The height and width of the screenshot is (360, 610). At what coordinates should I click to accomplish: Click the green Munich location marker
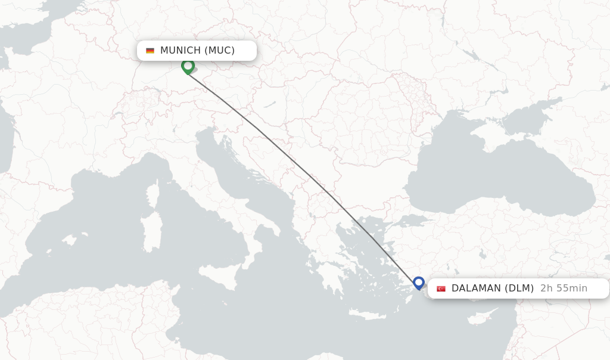pyautogui.click(x=188, y=66)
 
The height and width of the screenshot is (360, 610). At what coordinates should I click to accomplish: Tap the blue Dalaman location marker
pyautogui.click(x=419, y=283)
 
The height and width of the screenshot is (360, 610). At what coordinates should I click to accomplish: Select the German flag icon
pyautogui.click(x=150, y=51)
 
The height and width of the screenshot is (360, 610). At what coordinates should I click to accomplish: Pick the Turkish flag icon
pyautogui.click(x=441, y=289)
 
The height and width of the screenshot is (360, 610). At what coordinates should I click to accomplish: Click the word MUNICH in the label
pyautogui.click(x=180, y=51)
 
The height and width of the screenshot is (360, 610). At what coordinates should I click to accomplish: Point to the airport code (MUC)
pyautogui.click(x=220, y=51)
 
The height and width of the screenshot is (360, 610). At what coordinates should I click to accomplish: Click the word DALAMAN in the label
pyautogui.click(x=476, y=288)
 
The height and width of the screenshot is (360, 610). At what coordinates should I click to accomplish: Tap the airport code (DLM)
pyautogui.click(x=519, y=288)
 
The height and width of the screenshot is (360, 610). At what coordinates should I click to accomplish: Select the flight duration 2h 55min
pyautogui.click(x=564, y=288)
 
